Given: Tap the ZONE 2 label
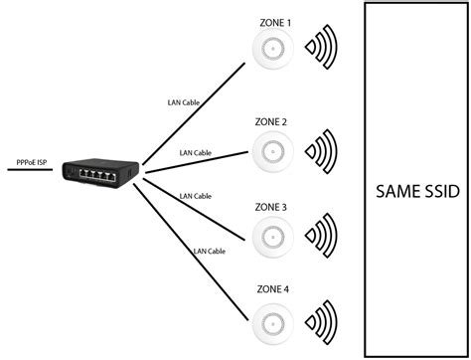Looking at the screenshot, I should pyautogui.click(x=271, y=121).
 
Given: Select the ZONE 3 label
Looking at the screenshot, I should pyautogui.click(x=271, y=207).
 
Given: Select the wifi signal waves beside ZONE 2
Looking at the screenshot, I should pyautogui.click(x=322, y=151).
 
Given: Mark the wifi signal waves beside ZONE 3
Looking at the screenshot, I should pyautogui.click(x=322, y=236).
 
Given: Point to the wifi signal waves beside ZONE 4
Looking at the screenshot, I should pyautogui.click(x=322, y=320).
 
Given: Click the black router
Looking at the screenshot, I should pyautogui.click(x=89, y=171).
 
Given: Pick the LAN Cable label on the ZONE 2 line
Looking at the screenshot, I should pyautogui.click(x=195, y=153).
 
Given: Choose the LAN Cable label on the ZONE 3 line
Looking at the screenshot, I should pyautogui.click(x=195, y=196).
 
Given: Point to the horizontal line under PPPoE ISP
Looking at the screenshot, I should pyautogui.click(x=30, y=170).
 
